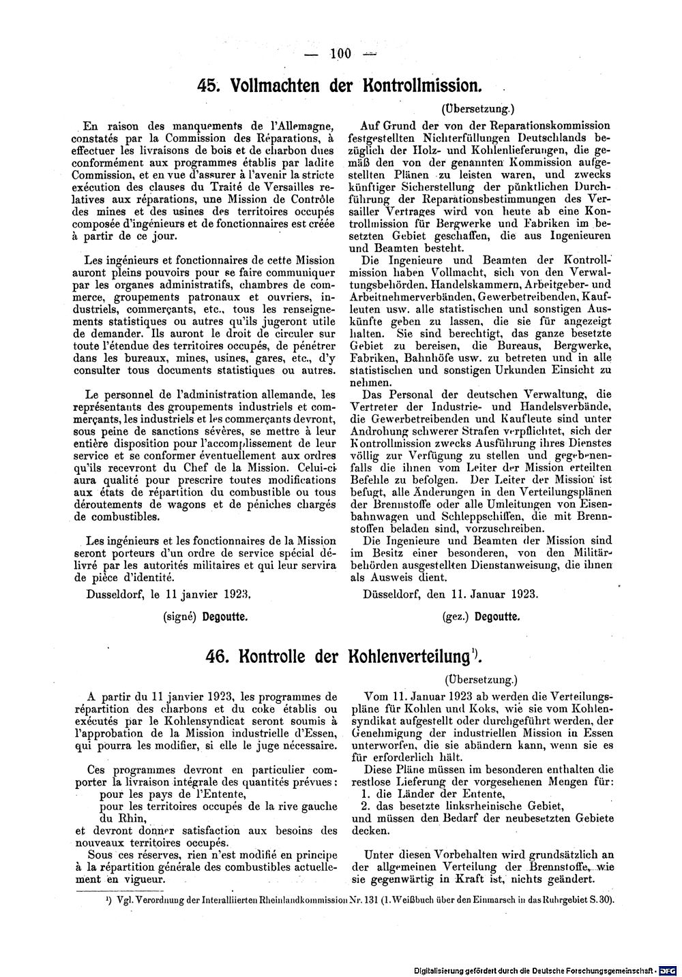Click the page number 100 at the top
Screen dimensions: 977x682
(339, 55)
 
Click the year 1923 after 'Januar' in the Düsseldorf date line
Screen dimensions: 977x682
(520, 593)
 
